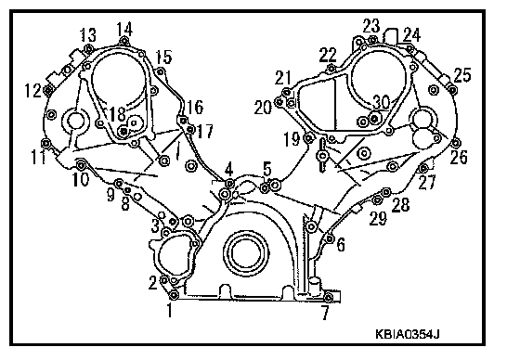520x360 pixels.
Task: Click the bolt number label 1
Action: pyautogui.click(x=170, y=311)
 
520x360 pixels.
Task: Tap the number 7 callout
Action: pyautogui.click(x=326, y=313)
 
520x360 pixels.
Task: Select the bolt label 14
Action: pyautogui.click(x=124, y=29)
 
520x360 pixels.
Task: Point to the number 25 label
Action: pyautogui.click(x=462, y=75)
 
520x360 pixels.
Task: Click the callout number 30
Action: pyautogui.click(x=382, y=102)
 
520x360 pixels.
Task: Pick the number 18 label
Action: pyautogui.click(x=118, y=114)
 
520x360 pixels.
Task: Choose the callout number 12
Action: pyautogui.click(x=33, y=90)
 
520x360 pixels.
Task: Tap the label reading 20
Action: pyautogui.click(x=263, y=108)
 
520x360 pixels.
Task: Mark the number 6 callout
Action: pyautogui.click(x=341, y=245)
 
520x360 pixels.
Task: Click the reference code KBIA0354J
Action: pyautogui.click(x=408, y=334)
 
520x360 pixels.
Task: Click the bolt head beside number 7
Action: pyautogui.click(x=328, y=297)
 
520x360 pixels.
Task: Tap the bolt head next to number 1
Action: pyautogui.click(x=174, y=295)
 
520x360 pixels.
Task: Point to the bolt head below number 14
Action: pyautogui.click(x=124, y=42)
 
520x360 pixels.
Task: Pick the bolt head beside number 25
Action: pyautogui.click(x=452, y=89)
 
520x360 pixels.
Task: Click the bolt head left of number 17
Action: pyautogui.click(x=190, y=130)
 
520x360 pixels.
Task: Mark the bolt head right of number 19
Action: pyautogui.click(x=309, y=137)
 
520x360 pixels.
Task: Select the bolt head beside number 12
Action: pyautogui.click(x=48, y=90)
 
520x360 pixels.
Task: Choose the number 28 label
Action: pyautogui.click(x=400, y=205)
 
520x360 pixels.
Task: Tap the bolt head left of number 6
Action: pyautogui.click(x=330, y=238)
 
